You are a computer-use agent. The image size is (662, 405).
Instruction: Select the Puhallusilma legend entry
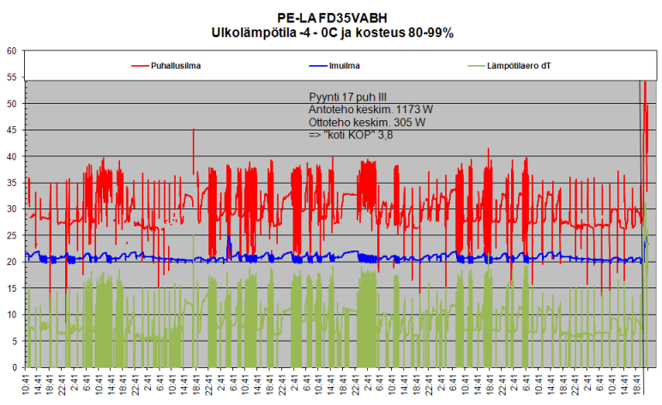(181, 64)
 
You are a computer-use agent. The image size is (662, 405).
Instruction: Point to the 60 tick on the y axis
(12, 51)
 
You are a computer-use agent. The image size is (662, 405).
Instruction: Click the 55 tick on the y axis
(12, 77)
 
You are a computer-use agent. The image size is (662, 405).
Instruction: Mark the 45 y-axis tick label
(12, 130)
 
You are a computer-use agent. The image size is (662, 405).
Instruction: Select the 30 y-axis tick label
(12, 209)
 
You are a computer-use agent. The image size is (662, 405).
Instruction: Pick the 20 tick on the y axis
(12, 262)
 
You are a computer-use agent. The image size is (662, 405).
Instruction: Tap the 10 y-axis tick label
(12, 315)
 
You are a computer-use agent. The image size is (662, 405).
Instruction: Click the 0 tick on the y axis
(15, 367)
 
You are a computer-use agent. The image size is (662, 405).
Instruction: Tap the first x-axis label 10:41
(27, 384)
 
